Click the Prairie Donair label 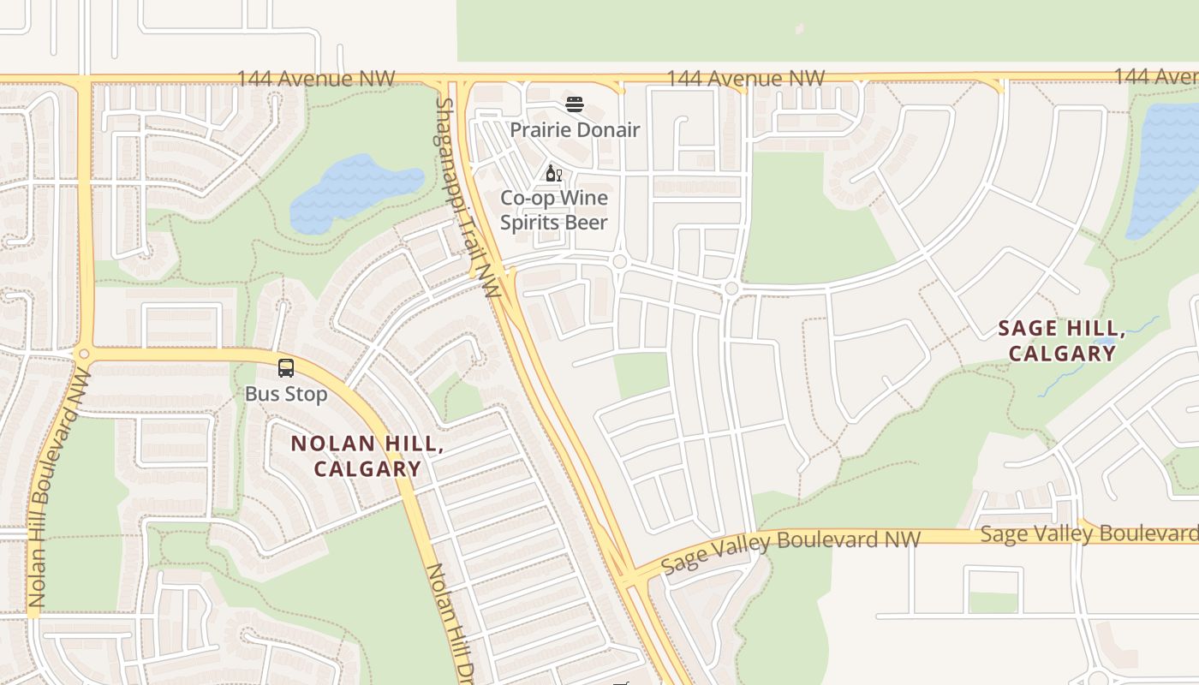(x=575, y=130)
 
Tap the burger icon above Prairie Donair (x=575, y=105)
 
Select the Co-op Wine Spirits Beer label (x=554, y=210)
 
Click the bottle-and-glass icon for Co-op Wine (x=553, y=174)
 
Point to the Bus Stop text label (x=286, y=394)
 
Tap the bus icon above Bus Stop (x=286, y=368)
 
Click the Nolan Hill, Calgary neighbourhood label (x=367, y=456)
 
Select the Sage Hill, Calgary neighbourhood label (x=1062, y=341)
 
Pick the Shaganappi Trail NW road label (x=467, y=197)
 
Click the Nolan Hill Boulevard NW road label (x=60, y=487)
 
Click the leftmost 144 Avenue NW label (x=316, y=79)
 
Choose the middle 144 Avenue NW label (x=745, y=79)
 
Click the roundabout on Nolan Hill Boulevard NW (x=84, y=354)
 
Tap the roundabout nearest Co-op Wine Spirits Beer (x=620, y=261)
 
